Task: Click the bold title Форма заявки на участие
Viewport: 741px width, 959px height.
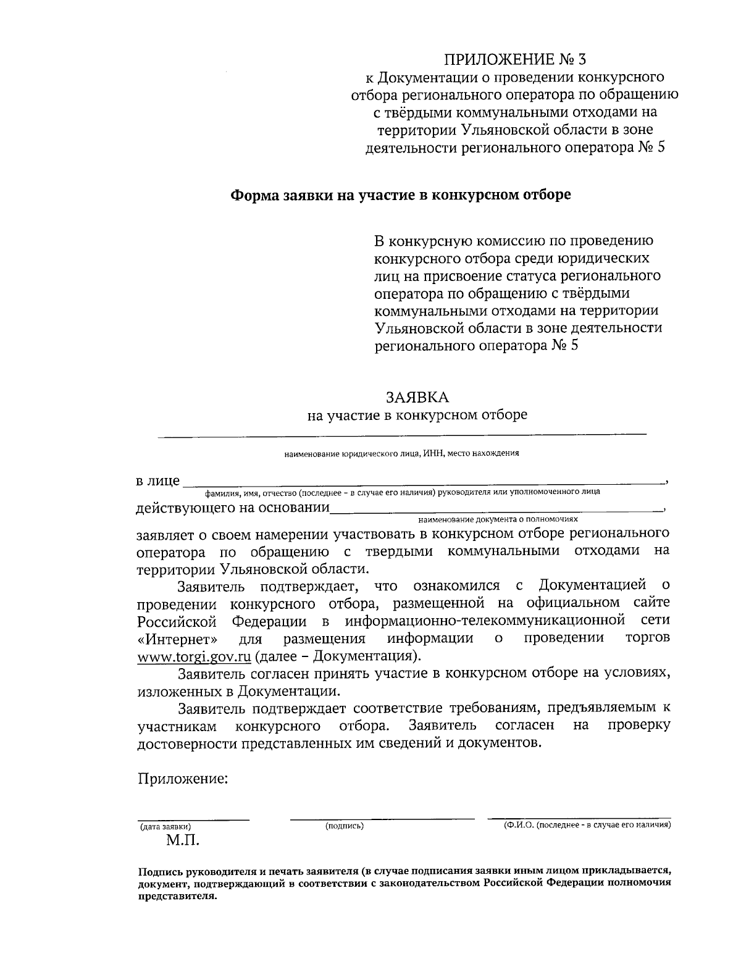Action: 401,195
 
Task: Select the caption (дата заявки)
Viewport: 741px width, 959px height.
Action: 165,826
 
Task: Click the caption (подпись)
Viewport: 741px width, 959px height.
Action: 344,826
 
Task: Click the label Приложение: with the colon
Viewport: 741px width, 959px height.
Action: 183,779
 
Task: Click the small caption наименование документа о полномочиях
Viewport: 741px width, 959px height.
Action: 498,520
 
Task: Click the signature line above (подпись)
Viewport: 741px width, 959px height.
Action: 382,819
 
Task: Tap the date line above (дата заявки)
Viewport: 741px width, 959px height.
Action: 193,819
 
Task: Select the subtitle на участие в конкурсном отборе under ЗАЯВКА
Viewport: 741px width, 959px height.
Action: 417,414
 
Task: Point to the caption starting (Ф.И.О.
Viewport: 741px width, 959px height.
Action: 587,825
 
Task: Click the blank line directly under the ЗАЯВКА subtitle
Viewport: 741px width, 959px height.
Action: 401,436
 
